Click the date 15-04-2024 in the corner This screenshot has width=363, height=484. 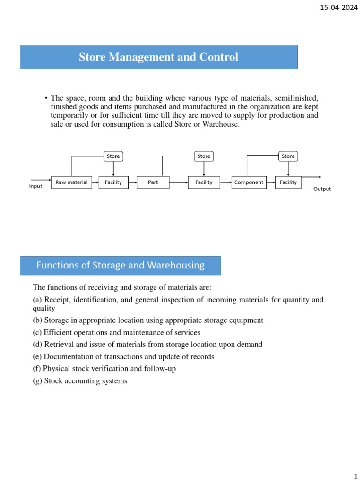click(x=338, y=8)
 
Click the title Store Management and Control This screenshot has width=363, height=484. click(x=158, y=57)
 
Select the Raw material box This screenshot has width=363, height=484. click(x=71, y=182)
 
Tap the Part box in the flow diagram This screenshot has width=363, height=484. click(x=153, y=182)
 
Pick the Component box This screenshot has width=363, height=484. click(x=249, y=182)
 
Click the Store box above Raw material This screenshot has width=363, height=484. click(x=113, y=156)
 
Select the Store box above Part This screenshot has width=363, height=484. click(x=204, y=156)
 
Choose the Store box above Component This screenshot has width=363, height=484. click(x=288, y=156)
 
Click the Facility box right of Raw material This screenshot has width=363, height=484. click(x=113, y=182)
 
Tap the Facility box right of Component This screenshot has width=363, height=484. click(x=288, y=182)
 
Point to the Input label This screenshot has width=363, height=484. click(x=36, y=186)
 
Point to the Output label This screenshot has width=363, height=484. click(x=322, y=189)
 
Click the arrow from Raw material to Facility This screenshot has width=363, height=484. click(x=95, y=182)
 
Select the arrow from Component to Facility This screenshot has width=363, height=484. click(x=271, y=182)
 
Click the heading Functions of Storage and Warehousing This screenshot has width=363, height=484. click(x=120, y=265)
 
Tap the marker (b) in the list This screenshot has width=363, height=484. click(x=37, y=320)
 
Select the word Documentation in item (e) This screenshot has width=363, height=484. click(x=67, y=356)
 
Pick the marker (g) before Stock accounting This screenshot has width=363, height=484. click(x=37, y=380)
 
